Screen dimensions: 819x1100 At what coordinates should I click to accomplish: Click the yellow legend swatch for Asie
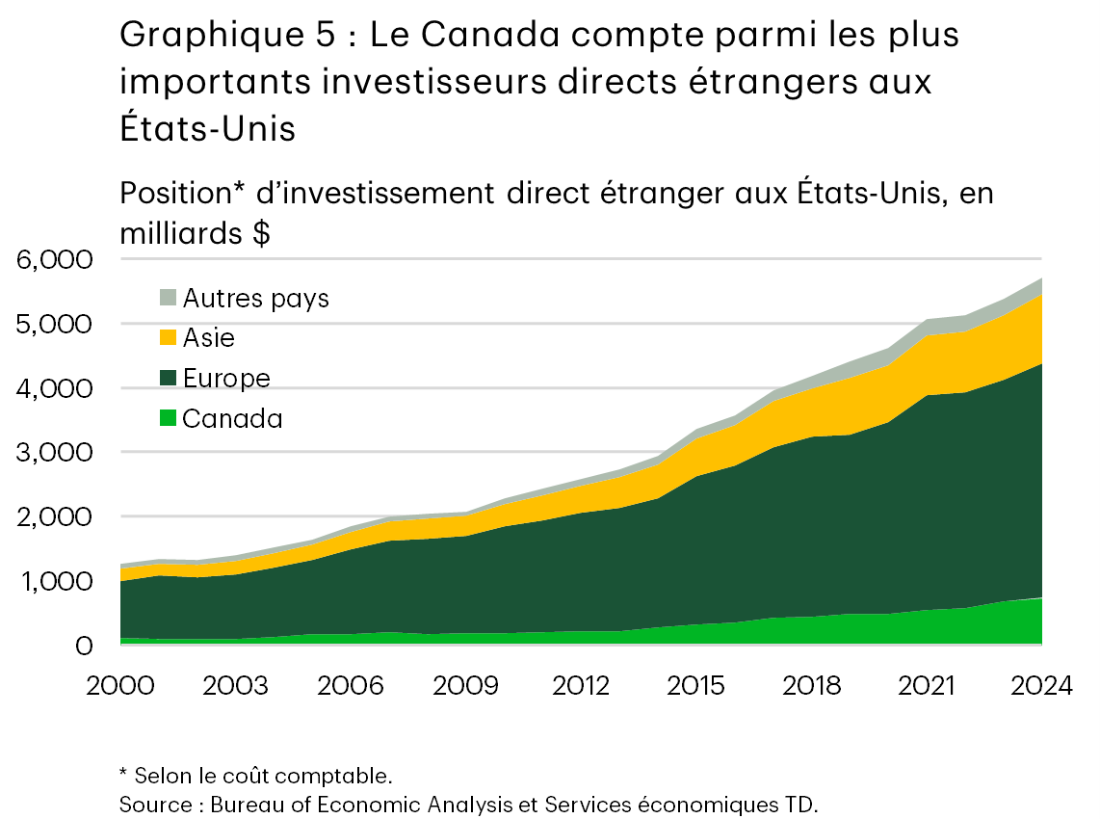169,337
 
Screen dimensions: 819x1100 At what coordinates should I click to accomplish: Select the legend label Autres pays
256,299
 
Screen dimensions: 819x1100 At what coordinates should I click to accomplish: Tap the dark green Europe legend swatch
169,378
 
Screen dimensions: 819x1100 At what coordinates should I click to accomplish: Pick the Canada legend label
232,419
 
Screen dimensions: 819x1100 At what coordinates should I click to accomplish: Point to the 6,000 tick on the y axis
54,260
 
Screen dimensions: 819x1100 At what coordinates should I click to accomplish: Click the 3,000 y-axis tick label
54,453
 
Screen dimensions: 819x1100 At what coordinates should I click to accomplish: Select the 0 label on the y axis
85,646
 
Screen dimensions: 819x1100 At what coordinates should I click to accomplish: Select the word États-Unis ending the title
207,128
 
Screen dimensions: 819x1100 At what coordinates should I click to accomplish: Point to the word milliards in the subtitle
182,235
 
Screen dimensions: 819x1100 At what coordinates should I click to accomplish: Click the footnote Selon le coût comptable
262,776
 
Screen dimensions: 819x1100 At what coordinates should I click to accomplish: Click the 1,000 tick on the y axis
54,582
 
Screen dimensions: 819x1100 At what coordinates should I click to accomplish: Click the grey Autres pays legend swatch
169,298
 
